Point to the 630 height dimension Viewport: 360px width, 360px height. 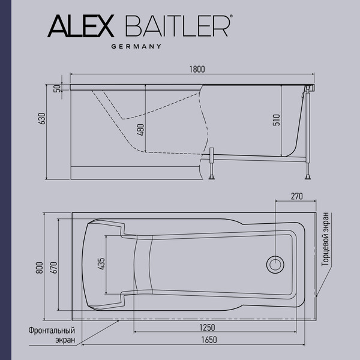point(42,119)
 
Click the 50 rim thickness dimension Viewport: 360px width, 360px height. point(58,89)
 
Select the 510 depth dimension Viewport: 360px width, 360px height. point(277,119)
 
